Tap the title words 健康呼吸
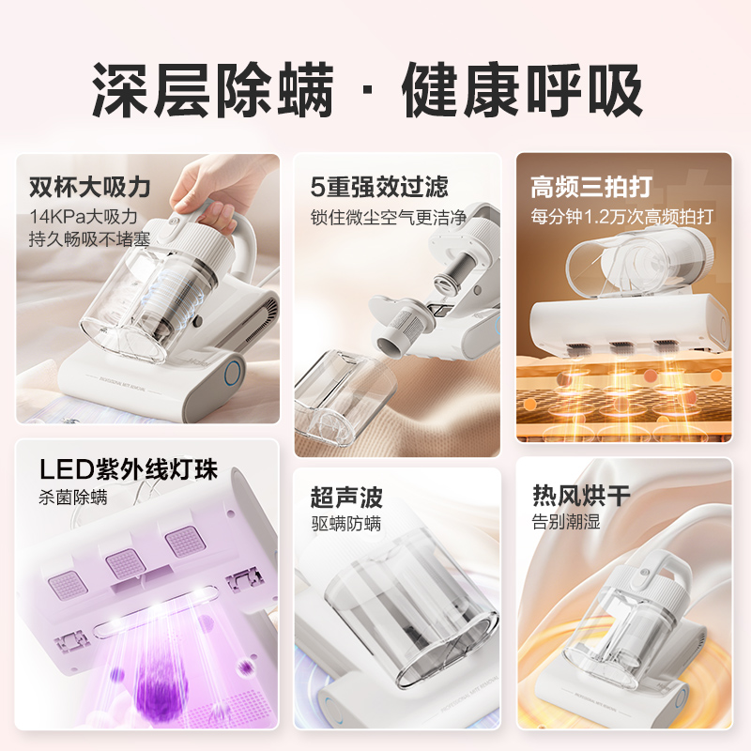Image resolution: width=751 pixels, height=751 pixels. (523, 92)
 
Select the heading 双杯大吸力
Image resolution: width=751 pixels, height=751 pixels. (90, 186)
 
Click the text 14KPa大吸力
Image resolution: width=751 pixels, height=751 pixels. (84, 216)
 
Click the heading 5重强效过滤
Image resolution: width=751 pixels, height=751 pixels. (379, 186)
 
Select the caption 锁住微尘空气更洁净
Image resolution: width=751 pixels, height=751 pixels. (388, 216)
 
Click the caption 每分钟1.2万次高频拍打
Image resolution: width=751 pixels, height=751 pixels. (622, 216)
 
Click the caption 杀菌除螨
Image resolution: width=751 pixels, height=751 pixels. (73, 497)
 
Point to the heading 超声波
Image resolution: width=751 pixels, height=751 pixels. (346, 497)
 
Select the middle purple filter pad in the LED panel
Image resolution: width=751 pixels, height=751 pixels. (124, 563)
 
